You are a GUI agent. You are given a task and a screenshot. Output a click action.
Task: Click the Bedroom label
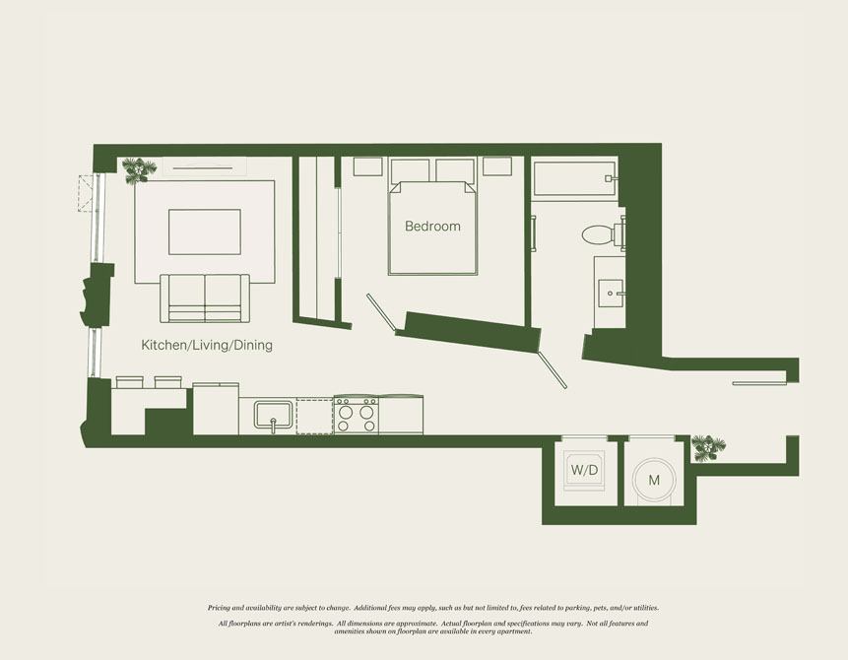(x=432, y=227)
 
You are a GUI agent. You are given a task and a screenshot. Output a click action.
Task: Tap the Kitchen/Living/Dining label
(x=207, y=345)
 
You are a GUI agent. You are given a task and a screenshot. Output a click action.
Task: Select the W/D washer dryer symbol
(x=584, y=470)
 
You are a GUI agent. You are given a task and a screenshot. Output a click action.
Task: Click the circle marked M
(x=654, y=481)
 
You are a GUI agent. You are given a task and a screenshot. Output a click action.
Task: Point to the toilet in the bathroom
(x=603, y=234)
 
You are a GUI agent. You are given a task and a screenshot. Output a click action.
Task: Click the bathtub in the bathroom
(x=575, y=178)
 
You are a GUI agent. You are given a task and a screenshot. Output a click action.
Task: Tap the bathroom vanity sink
(x=611, y=294)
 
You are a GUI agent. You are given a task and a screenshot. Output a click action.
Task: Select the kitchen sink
(x=273, y=416)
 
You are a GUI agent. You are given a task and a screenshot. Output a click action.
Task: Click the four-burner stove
(x=356, y=415)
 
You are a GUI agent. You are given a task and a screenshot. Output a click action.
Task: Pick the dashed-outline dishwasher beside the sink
(x=314, y=417)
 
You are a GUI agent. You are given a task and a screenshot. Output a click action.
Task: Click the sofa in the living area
(x=205, y=298)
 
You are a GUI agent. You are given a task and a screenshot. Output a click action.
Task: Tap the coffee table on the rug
(x=205, y=232)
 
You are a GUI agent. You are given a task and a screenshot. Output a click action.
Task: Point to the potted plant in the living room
(x=139, y=170)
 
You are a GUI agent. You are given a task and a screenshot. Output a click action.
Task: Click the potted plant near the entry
(x=708, y=448)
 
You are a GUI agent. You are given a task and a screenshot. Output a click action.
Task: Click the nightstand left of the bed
(x=367, y=166)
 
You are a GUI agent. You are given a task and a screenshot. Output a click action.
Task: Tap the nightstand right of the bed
(x=497, y=166)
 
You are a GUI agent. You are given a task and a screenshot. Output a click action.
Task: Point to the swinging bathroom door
(x=553, y=370)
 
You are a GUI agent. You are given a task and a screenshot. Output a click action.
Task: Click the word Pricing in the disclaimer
(x=219, y=608)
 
